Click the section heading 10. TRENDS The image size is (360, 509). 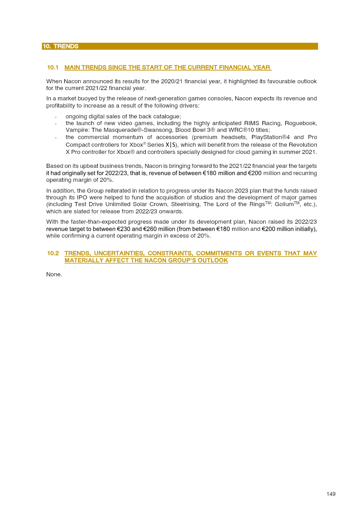pyautogui.click(x=60, y=46)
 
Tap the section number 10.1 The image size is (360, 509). pyautogui.click(x=53, y=68)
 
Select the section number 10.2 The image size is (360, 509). pyautogui.click(x=53, y=253)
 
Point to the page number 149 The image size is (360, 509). pyautogui.click(x=331, y=494)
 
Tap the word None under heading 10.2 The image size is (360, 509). pyautogui.click(x=54, y=274)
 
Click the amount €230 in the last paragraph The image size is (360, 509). pyautogui.click(x=123, y=229)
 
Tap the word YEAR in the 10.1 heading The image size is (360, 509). pyautogui.click(x=261, y=68)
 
